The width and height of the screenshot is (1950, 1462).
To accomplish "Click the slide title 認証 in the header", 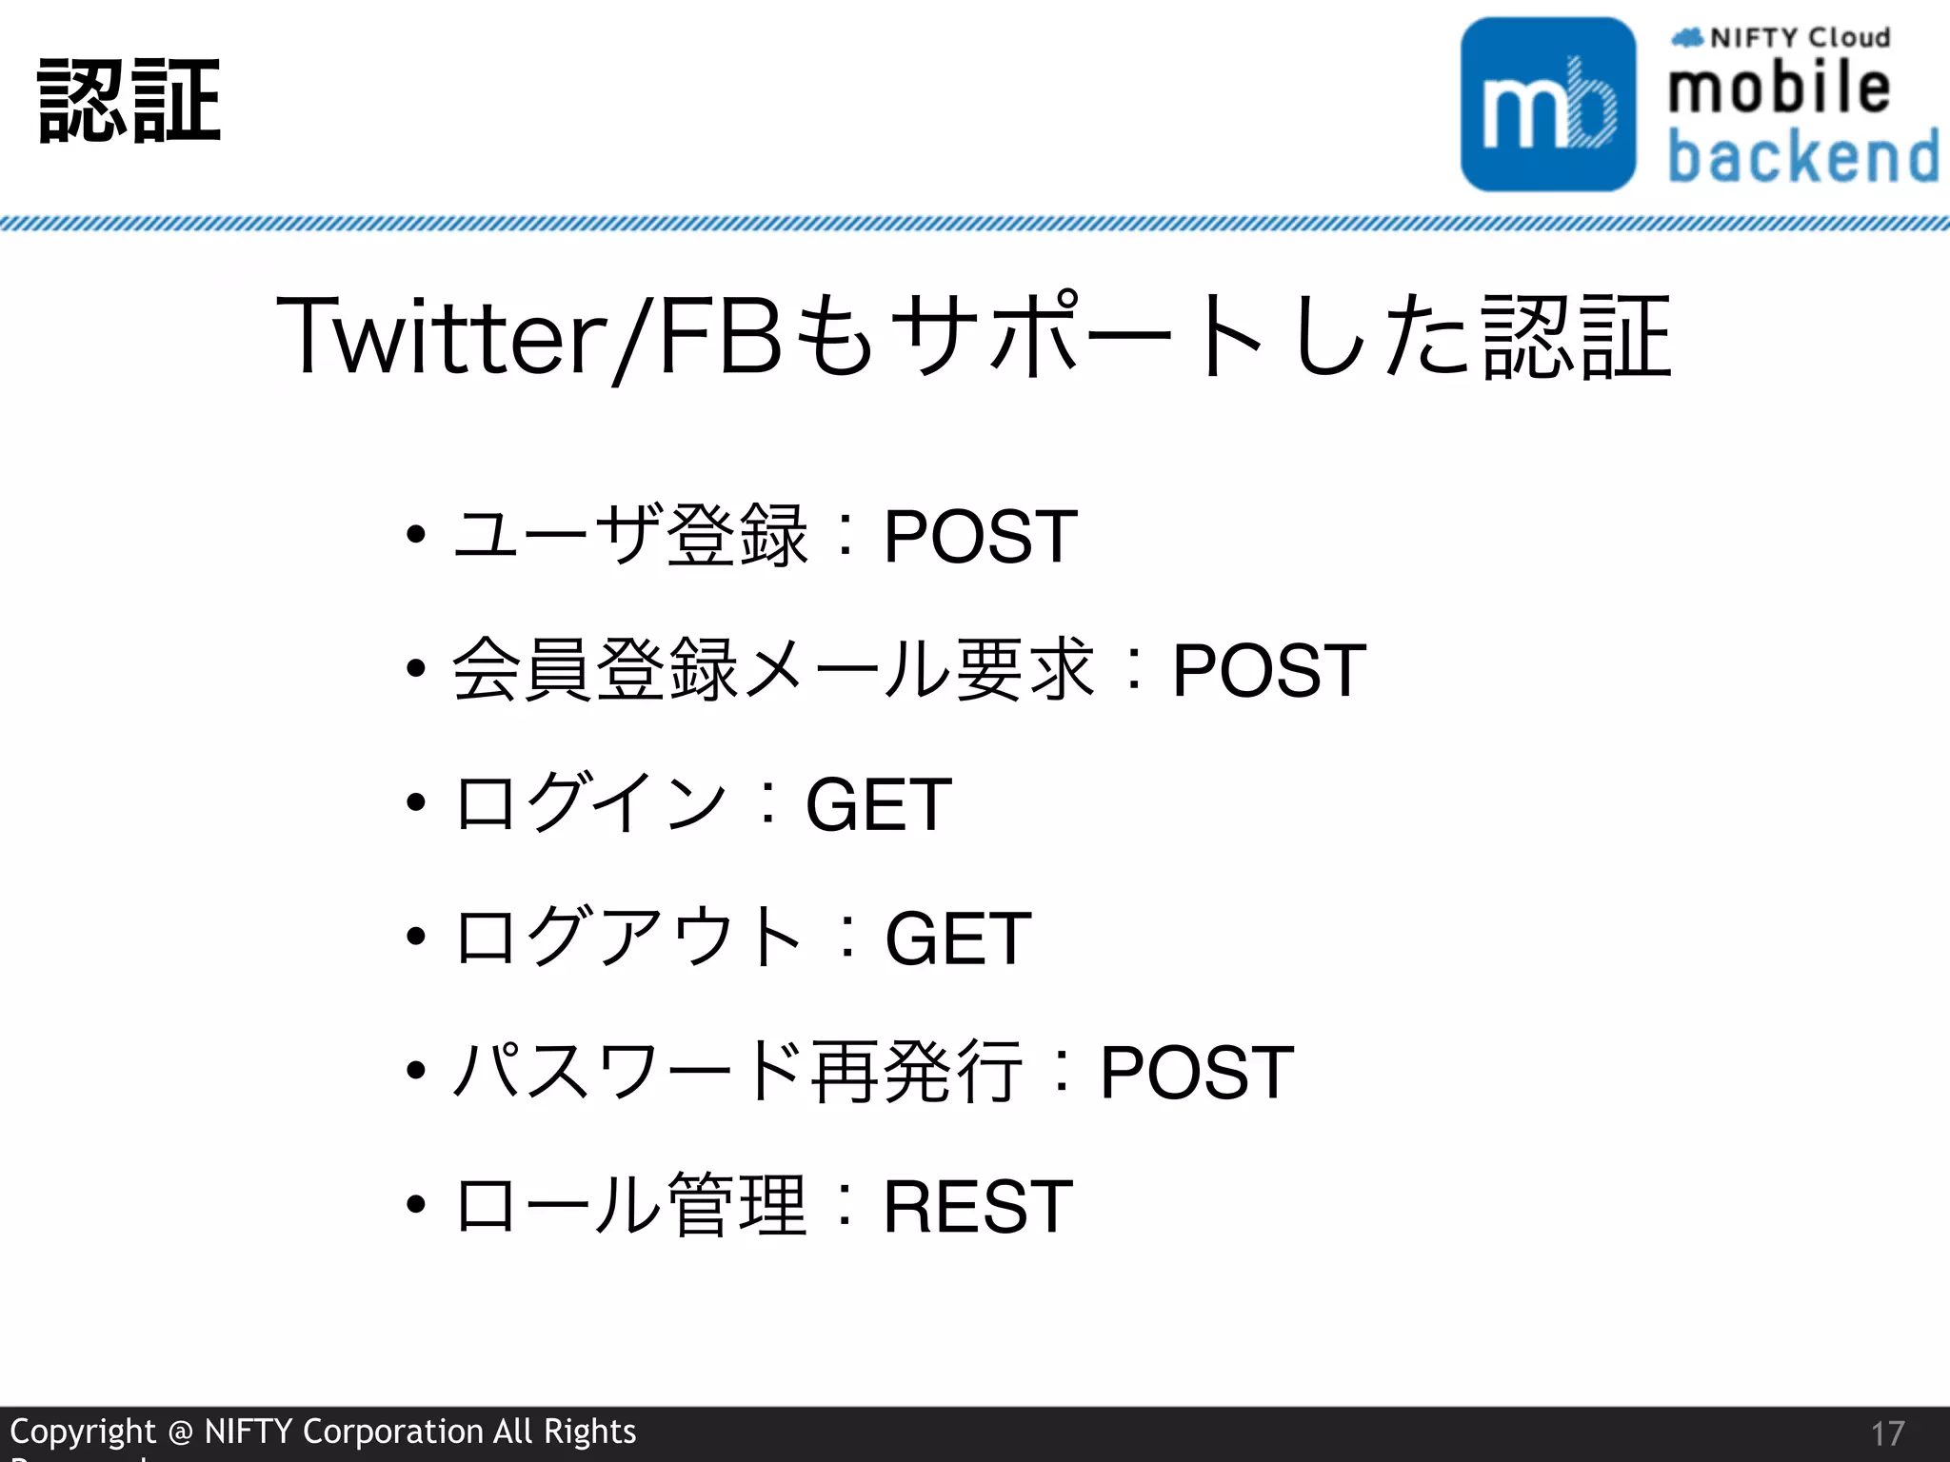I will click(x=129, y=101).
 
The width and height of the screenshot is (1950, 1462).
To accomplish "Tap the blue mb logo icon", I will click(x=1548, y=105).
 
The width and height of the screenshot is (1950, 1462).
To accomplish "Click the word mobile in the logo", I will click(x=1779, y=88).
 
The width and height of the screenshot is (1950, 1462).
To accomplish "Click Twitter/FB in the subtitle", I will click(x=528, y=336).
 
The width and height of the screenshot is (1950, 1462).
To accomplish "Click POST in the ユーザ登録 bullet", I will click(x=980, y=537).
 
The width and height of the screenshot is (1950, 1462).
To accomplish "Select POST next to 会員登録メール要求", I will click(x=1268, y=671).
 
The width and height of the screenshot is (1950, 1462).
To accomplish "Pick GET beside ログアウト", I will click(x=958, y=938).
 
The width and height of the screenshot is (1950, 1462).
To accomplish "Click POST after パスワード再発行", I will click(x=1197, y=1073).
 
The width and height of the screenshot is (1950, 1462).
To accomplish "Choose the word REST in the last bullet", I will click(x=978, y=1207).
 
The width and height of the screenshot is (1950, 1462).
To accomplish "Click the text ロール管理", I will click(x=631, y=1206).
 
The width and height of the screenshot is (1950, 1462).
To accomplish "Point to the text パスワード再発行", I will click(x=738, y=1072).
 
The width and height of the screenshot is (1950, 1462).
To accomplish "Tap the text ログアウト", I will click(x=628, y=938).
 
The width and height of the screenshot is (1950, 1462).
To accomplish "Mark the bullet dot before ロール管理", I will click(x=415, y=1205).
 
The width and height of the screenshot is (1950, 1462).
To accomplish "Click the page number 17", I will click(x=1887, y=1433).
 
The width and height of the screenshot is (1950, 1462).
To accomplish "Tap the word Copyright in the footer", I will click(x=83, y=1432).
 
